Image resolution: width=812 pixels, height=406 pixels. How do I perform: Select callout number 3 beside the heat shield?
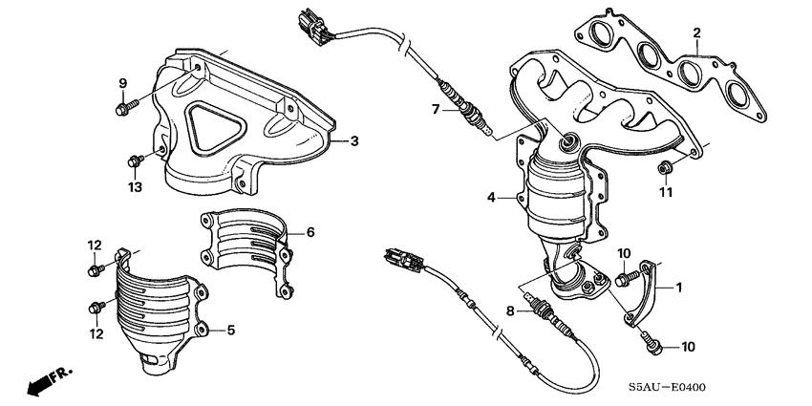(353, 141)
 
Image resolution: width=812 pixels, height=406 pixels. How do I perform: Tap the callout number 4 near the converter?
(491, 198)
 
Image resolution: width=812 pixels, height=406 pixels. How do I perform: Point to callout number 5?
(229, 331)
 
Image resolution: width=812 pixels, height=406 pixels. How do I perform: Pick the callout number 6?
(310, 232)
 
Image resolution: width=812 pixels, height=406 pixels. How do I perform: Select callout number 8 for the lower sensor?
(508, 310)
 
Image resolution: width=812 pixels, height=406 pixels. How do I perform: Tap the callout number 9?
(122, 83)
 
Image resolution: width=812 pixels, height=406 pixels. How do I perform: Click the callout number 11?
(666, 192)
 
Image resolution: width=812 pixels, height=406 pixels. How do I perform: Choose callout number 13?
(136, 187)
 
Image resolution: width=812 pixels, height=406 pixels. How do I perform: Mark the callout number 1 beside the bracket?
(679, 286)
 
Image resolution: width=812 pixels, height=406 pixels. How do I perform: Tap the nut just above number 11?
(664, 170)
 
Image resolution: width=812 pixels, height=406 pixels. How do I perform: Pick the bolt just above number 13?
(135, 161)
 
